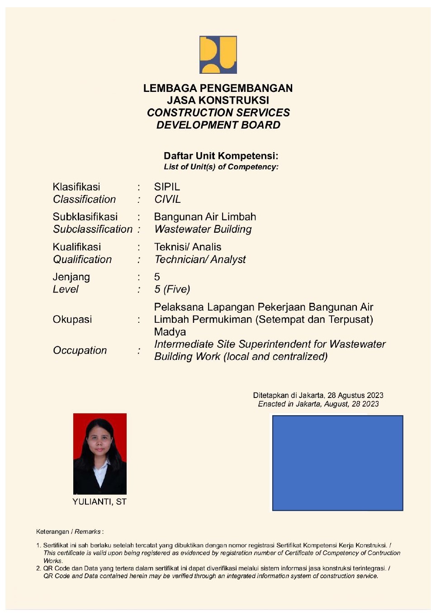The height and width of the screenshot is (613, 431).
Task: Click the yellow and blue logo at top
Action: [218, 55]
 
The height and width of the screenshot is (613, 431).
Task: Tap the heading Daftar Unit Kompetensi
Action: [221, 156]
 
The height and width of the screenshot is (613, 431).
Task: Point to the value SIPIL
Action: [167, 187]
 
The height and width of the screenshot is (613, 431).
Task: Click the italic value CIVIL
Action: [167, 199]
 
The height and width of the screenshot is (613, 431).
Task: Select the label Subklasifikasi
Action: [85, 216]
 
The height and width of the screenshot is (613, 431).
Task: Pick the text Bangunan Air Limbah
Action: [205, 217]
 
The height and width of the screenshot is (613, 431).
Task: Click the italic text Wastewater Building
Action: [203, 229]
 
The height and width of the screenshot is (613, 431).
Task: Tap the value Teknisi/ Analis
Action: [188, 247]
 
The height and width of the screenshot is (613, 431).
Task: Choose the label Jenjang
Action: [71, 277]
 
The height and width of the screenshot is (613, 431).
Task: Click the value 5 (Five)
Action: [172, 289]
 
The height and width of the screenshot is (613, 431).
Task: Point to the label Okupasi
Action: [72, 319]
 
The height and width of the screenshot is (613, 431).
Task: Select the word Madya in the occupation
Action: [170, 332]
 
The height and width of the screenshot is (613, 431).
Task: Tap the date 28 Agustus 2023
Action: [355, 395]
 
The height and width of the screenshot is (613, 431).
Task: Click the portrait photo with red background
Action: [100, 454]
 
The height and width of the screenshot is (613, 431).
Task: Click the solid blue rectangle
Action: [337, 463]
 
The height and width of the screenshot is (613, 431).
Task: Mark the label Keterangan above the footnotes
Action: [52, 532]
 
